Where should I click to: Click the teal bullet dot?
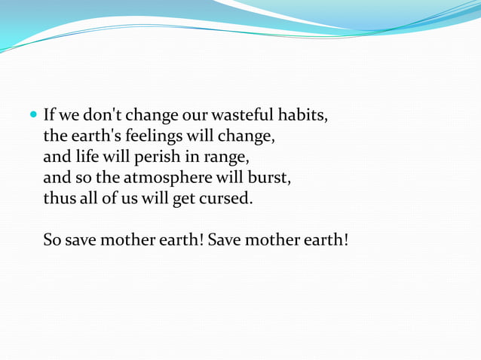click(32, 117)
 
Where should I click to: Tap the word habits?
click(305, 117)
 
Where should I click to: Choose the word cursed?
click(226, 201)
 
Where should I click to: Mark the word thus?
click(59, 201)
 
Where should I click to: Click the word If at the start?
click(50, 117)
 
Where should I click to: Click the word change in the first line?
click(152, 117)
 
